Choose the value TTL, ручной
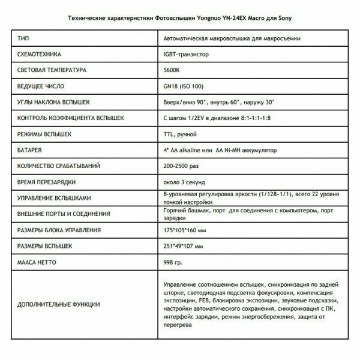pyautogui.click(x=181, y=133)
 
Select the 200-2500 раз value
pyautogui.click(x=182, y=165)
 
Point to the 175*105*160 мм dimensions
pyautogui.click(x=188, y=230)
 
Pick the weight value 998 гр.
pyautogui.click(x=174, y=262)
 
